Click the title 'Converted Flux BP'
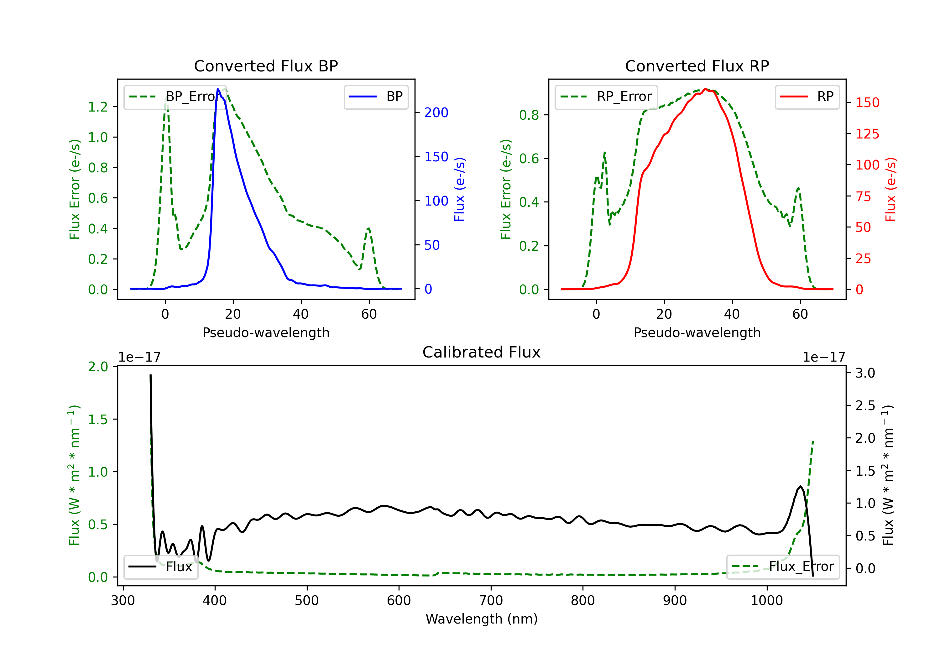click(266, 66)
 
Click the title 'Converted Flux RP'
click(697, 66)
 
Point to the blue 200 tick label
click(436, 112)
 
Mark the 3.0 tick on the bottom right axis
click(865, 373)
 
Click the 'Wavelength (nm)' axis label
click(482, 619)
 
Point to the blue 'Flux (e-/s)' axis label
click(459, 189)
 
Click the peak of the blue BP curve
click(218, 89)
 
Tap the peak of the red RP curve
click(705, 89)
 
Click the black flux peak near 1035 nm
click(800, 486)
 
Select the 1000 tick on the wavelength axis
click(766, 601)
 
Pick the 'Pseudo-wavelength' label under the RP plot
click(697, 332)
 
